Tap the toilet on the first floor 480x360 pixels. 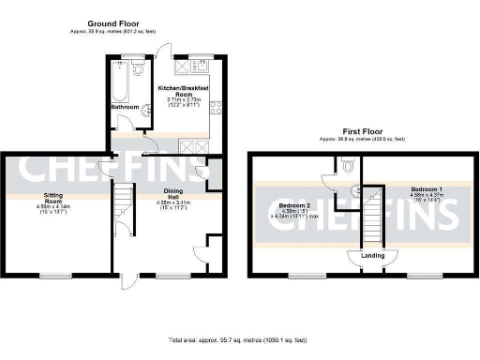pyautogui.click(x=349, y=167)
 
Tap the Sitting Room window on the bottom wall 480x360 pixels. pyautogui.click(x=57, y=275)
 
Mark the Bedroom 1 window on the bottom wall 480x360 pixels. pyautogui.click(x=419, y=275)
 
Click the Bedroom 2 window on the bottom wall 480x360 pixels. pyautogui.click(x=302, y=275)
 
